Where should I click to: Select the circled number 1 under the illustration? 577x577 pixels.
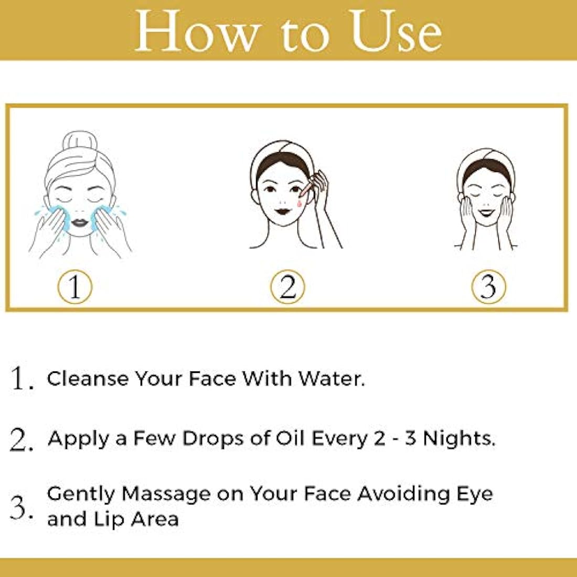[x=74, y=287]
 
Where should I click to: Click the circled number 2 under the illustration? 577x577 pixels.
[x=288, y=287]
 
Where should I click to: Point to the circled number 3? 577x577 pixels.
[x=488, y=287]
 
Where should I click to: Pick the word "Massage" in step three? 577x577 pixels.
[x=166, y=495]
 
